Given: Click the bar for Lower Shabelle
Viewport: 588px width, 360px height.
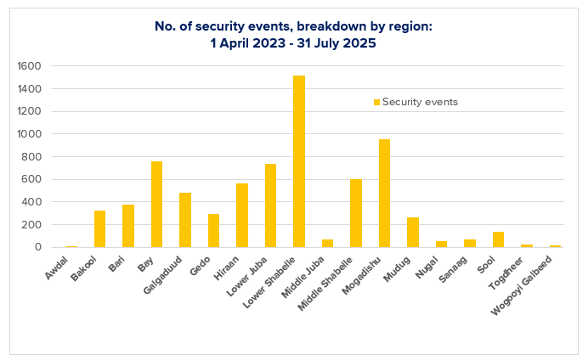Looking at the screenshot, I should point(299,161).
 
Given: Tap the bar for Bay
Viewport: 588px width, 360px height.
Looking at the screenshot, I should point(156,205).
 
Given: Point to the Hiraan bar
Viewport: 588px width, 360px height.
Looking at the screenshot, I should point(242,216).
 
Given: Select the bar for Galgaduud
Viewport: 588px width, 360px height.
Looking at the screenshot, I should point(185,220).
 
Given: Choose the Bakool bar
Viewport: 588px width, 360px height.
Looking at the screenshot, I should point(99,229).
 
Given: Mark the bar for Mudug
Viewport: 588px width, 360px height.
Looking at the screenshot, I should point(413,233).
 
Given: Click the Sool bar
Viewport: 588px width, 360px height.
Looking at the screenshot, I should point(498,239).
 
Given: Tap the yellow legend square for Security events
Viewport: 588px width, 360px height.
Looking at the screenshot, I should point(376,102).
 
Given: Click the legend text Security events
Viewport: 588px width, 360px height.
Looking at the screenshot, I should point(420,102).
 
